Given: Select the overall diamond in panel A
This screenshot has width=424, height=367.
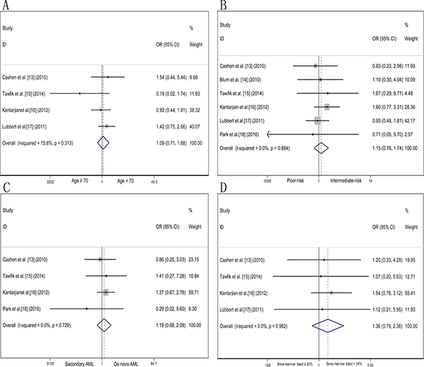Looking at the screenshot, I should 102,141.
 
